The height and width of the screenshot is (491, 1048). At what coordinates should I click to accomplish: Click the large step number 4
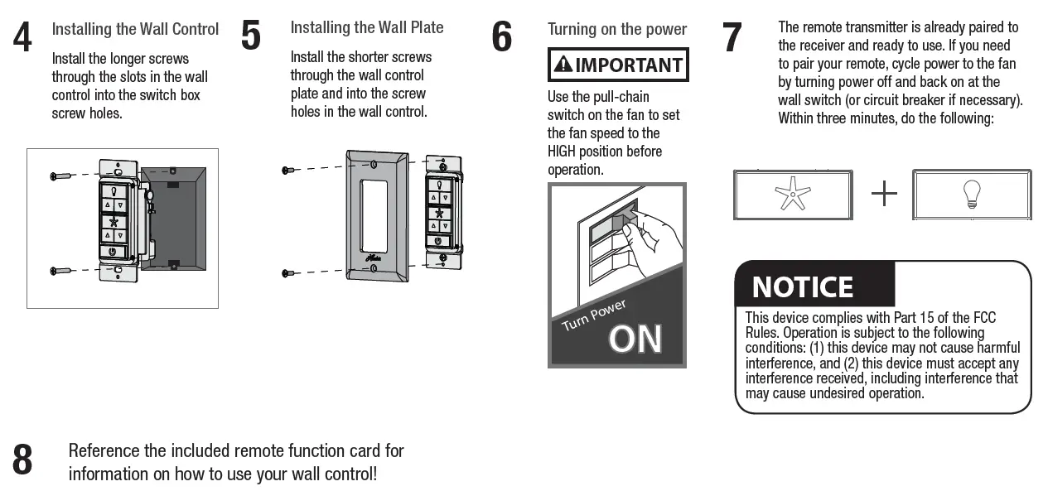click(23, 37)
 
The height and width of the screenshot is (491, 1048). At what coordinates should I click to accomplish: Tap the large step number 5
click(251, 36)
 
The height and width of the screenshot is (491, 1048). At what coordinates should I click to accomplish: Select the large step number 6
click(502, 37)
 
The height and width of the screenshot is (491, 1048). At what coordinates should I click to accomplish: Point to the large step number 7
click(732, 37)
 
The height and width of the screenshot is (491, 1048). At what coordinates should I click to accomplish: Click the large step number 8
click(23, 460)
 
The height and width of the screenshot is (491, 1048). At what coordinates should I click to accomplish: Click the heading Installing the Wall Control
click(135, 29)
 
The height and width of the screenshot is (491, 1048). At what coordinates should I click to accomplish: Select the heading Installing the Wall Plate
click(367, 27)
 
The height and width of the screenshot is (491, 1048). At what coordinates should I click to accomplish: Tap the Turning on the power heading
click(617, 30)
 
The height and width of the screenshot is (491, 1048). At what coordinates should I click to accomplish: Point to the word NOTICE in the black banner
click(802, 287)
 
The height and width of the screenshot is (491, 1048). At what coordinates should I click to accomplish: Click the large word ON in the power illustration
click(635, 339)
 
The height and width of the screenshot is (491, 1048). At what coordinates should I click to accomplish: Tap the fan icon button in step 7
click(792, 195)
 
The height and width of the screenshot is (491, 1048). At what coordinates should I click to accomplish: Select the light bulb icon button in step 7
click(971, 195)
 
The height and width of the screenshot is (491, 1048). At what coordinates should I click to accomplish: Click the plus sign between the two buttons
click(884, 195)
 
